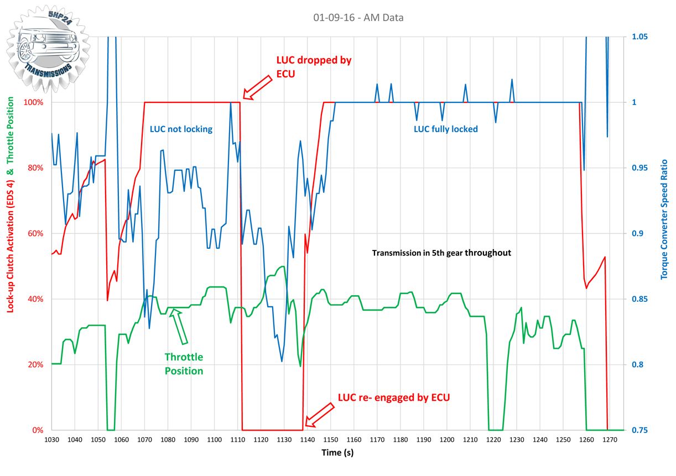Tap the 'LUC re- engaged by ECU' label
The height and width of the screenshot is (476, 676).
click(x=394, y=397)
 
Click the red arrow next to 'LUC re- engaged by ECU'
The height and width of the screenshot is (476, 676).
click(x=320, y=415)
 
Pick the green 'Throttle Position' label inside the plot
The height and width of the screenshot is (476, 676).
click(x=184, y=364)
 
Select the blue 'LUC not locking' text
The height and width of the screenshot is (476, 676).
click(x=181, y=129)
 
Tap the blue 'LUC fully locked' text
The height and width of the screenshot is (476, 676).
click(x=446, y=129)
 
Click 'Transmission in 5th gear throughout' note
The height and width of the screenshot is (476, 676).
click(x=441, y=253)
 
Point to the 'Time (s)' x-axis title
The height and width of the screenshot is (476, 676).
click(x=337, y=453)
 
